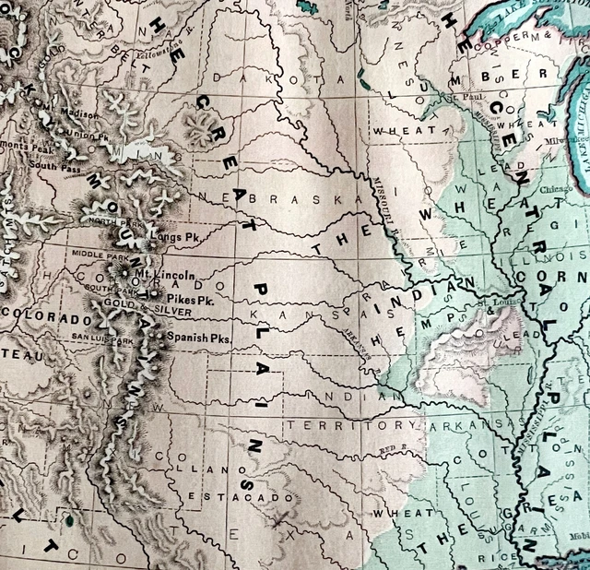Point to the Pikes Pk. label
coord(190,301)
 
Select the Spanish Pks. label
coord(198,338)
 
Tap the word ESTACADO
coord(228,497)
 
